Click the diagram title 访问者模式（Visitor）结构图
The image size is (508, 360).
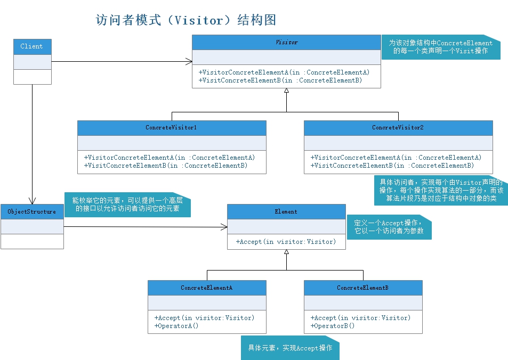click(186, 20)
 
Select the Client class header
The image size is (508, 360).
click(32, 46)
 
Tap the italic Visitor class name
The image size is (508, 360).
click(286, 42)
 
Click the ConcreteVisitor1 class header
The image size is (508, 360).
click(171, 128)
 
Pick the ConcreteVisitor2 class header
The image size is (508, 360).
click(398, 128)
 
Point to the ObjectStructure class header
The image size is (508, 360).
click(31, 211)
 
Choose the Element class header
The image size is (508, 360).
click(286, 211)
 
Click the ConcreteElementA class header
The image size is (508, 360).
click(206, 288)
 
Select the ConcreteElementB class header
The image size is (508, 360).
click(362, 288)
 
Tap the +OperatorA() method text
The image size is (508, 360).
click(176, 325)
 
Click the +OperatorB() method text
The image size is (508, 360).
click(333, 325)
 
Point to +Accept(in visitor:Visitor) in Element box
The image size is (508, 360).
click(286, 241)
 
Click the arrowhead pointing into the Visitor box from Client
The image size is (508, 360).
click(189, 61)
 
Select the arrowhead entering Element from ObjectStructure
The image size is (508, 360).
click(224, 227)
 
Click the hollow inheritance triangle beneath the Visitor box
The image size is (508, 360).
click(286, 91)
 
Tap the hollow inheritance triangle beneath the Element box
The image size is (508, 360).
click(286, 252)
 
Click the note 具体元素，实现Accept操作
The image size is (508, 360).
click(290, 348)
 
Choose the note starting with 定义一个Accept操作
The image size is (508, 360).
click(389, 227)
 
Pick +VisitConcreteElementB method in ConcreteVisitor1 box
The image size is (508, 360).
click(166, 166)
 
